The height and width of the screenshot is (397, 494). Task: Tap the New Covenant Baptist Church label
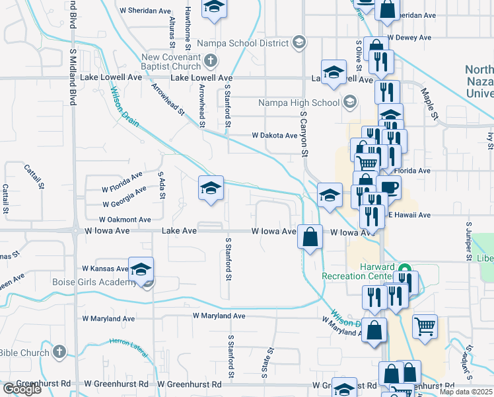pyautogui.click(x=170, y=62)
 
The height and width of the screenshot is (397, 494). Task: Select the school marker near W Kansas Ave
pyautogui.click(x=141, y=269)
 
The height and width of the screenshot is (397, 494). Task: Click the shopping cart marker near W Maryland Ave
pyautogui.click(x=425, y=326)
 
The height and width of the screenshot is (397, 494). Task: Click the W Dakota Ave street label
pyautogui.click(x=274, y=135)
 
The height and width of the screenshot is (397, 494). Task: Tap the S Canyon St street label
pyautogui.click(x=305, y=134)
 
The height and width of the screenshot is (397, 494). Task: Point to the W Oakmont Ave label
pyautogui.click(x=125, y=219)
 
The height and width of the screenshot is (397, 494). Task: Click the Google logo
pyautogui.click(x=22, y=389)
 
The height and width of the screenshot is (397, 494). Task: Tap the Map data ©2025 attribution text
pyautogui.click(x=466, y=392)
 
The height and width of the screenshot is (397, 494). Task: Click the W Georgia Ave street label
pyautogui.click(x=123, y=195)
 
